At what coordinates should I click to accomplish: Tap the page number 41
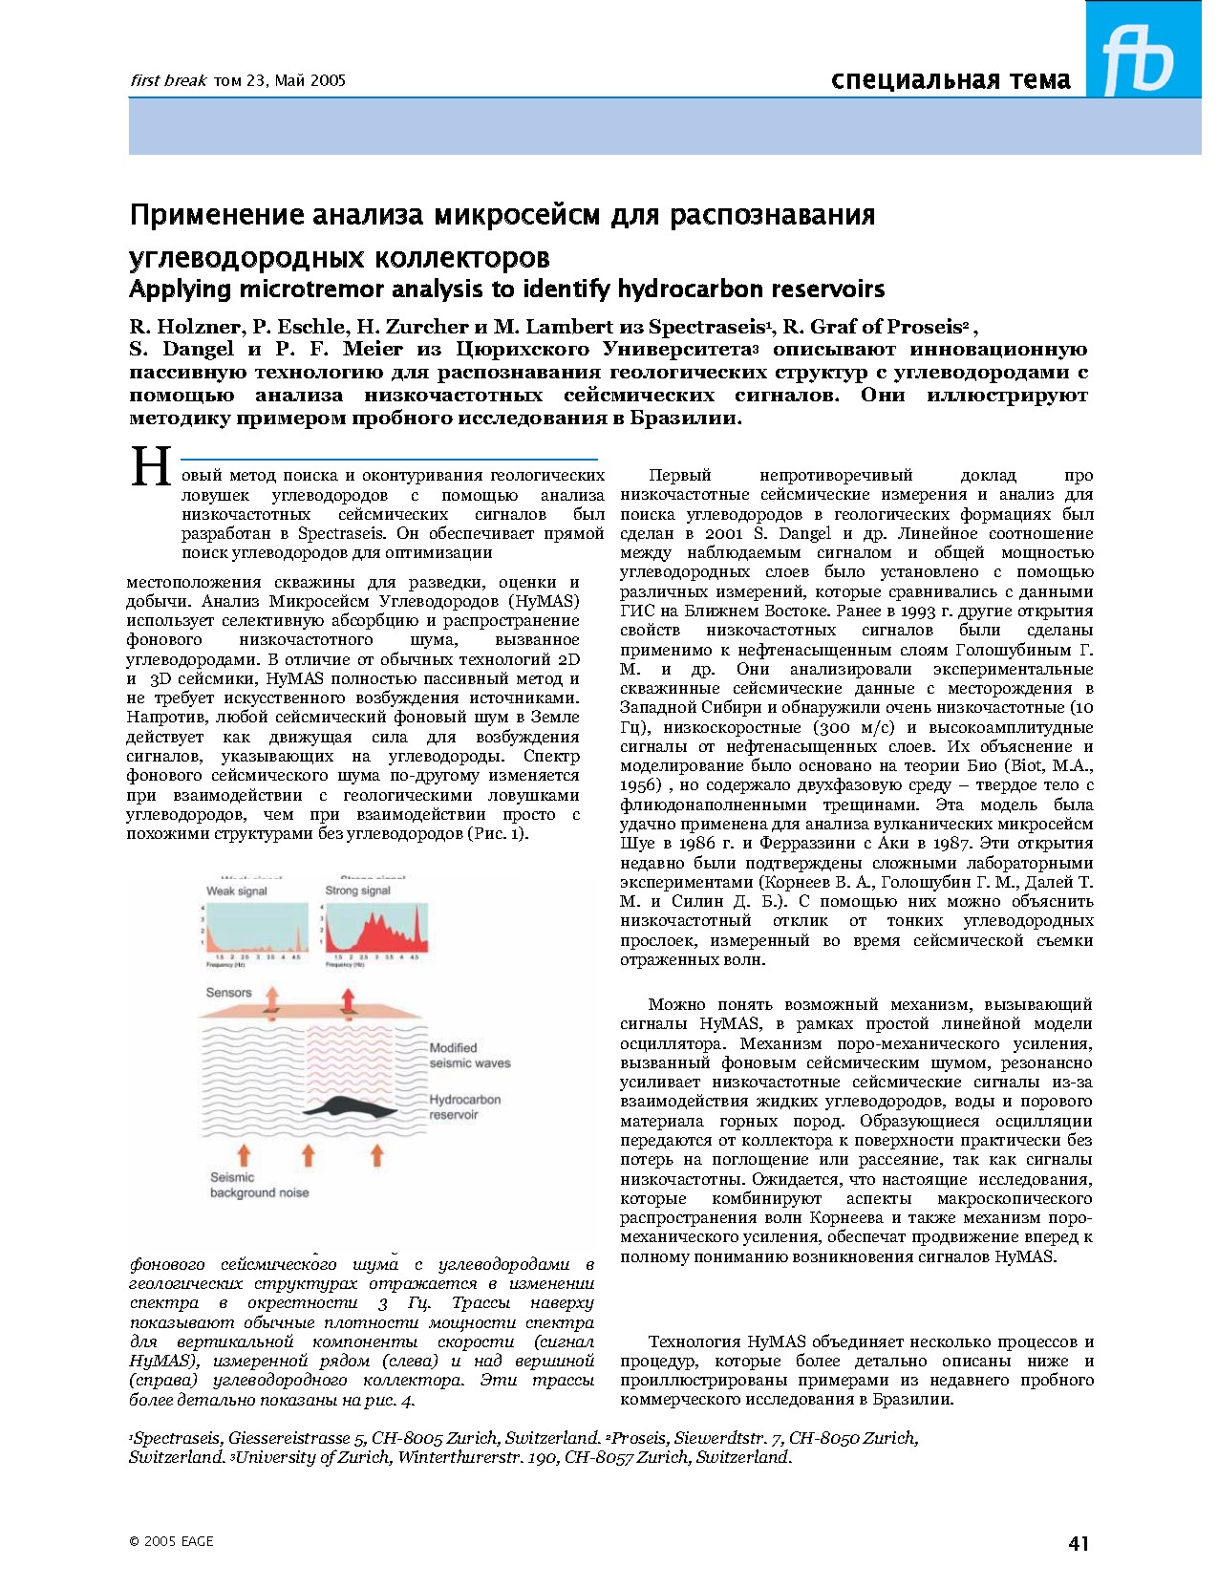1078,1543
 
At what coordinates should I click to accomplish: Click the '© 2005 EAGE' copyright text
171,1541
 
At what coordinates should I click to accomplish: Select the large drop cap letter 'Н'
151,468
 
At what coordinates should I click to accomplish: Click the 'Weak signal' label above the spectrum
236,891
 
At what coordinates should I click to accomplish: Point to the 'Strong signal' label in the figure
357,891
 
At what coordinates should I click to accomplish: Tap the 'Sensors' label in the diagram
228,993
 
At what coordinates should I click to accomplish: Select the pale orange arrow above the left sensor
271,998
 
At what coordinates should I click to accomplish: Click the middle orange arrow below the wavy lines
308,1155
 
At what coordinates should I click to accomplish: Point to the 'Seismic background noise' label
258,1185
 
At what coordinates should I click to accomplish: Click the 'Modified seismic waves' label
469,1055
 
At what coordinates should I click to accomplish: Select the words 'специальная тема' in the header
951,79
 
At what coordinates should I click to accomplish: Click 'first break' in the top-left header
167,81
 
